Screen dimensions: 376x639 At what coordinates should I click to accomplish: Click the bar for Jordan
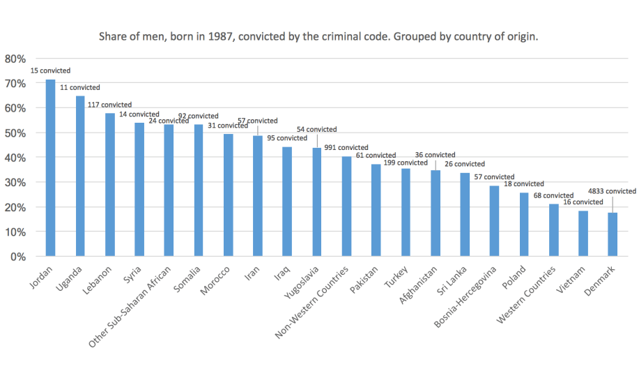point(50,168)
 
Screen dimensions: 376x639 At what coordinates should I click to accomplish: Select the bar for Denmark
point(613,234)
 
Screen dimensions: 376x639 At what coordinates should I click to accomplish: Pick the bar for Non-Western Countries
point(346,206)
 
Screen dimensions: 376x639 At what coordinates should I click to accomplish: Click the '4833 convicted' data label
point(612,191)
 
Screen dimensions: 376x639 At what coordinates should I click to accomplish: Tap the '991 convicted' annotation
point(346,148)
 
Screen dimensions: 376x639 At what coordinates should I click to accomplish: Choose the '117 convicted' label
point(110,105)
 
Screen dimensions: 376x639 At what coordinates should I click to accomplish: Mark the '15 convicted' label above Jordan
point(50,71)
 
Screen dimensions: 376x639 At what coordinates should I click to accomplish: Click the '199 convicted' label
point(405,163)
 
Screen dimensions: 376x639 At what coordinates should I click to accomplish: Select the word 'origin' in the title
point(523,37)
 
